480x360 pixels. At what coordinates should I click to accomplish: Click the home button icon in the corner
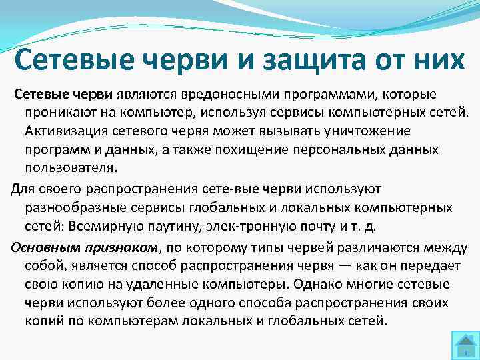point(461,342)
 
